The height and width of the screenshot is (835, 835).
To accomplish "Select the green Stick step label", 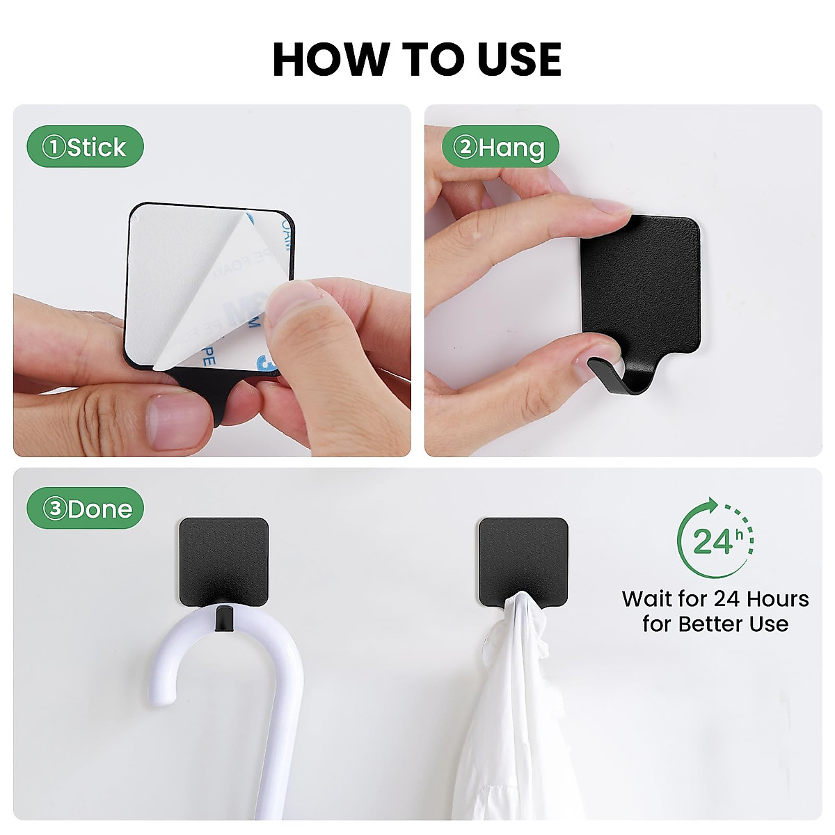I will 85,147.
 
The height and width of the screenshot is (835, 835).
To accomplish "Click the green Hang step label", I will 500,147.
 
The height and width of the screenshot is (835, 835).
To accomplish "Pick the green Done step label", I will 85,509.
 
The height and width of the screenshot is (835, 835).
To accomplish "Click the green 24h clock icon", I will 715,539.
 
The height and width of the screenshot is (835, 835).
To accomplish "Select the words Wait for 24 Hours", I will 715,599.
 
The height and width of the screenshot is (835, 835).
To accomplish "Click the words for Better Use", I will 715,623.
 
